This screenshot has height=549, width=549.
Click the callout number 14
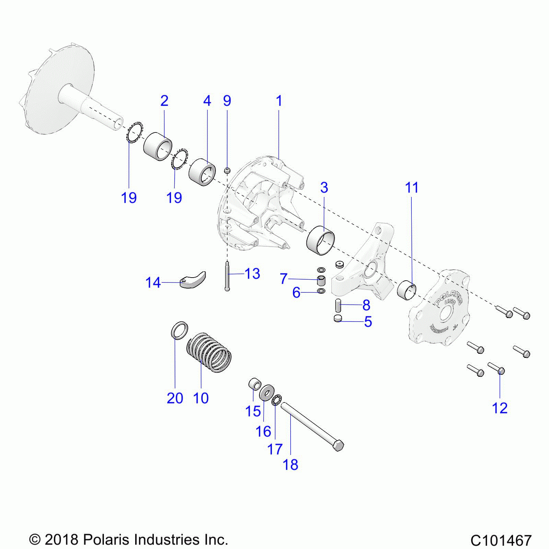pyautogui.click(x=153, y=283)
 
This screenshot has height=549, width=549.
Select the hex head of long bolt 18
pyautogui.click(x=338, y=445)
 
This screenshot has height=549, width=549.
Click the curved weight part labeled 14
pyautogui.click(x=193, y=280)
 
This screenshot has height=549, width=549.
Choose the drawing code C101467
pyautogui.click(x=501, y=540)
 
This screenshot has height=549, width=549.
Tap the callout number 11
pyautogui.click(x=412, y=188)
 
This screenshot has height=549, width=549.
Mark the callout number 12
pyautogui.click(x=500, y=408)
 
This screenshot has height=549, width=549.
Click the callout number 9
pyautogui.click(x=227, y=101)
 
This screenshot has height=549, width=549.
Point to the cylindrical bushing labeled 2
pyautogui.click(x=157, y=146)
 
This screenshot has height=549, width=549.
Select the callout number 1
pyautogui.click(x=279, y=101)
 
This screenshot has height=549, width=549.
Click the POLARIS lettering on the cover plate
pyautogui.click(x=449, y=298)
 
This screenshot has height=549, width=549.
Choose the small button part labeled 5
pyautogui.click(x=338, y=318)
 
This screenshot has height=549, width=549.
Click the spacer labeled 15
pyautogui.click(x=255, y=384)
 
